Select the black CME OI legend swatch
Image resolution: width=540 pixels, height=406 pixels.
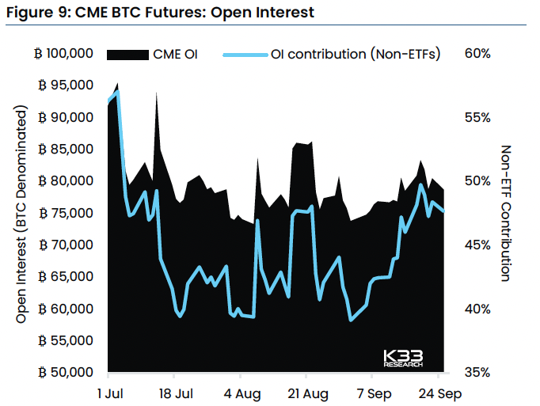(127, 54)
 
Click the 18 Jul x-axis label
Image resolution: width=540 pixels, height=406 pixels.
(177, 393)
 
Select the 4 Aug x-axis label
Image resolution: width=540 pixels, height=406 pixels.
(242, 393)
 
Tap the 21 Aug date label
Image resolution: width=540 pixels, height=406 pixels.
(308, 393)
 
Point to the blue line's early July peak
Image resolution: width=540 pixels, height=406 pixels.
(117, 92)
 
